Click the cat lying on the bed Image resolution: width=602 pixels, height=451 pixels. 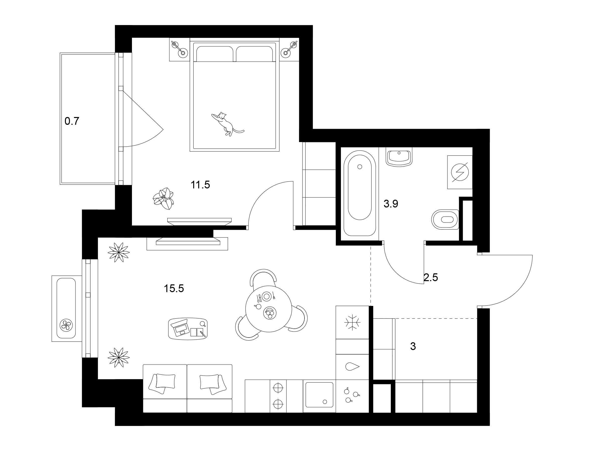point(227,124)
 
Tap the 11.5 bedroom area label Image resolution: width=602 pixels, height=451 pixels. point(200,185)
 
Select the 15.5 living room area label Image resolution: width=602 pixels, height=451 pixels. point(174,288)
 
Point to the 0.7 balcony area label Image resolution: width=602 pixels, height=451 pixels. point(72,121)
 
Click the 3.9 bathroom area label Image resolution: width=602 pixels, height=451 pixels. point(391,204)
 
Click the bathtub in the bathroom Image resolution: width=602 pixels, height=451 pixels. point(360,193)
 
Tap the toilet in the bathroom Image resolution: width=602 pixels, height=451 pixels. point(445,219)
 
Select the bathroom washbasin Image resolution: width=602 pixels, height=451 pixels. point(399,157)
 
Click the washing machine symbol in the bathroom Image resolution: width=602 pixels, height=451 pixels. point(460,172)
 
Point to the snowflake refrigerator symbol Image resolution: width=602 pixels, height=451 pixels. point(352,322)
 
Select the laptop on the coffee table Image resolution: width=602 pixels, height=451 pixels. point(180,327)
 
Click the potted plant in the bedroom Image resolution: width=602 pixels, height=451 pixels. point(163,198)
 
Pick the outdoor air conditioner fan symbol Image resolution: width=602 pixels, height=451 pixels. point(66,324)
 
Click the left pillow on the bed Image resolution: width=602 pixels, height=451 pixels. point(215,54)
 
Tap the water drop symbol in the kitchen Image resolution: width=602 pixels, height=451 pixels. point(352,367)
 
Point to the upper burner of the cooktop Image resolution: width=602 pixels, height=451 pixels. point(278,387)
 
